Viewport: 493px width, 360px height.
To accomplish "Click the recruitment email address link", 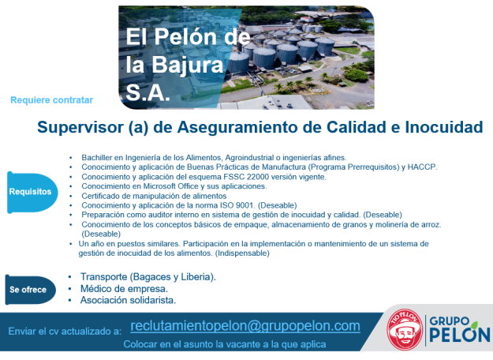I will (x=245, y=326).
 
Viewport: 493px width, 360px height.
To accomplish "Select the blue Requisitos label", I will (x=31, y=192).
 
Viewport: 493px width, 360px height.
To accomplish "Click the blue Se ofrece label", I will (x=28, y=290).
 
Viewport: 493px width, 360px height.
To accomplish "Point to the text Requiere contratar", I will (x=52, y=100).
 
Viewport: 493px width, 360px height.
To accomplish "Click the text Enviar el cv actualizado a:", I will (x=64, y=330).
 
